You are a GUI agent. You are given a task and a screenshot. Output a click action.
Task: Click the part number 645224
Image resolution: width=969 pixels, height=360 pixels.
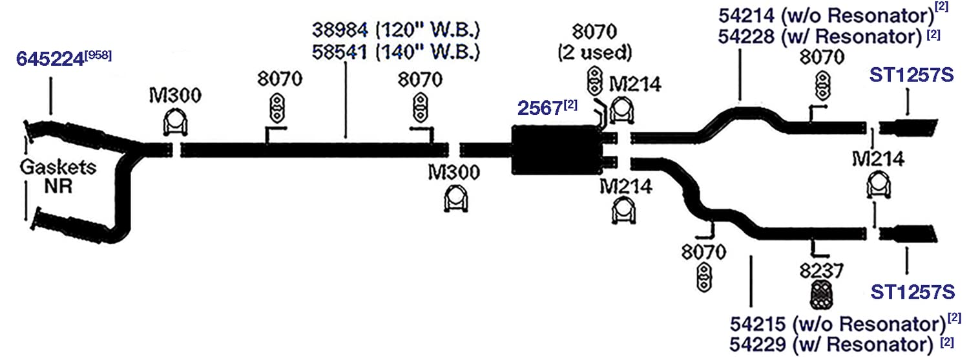coord(50,59)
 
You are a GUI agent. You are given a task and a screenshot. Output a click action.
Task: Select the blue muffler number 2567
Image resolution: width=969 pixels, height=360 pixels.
coord(540,108)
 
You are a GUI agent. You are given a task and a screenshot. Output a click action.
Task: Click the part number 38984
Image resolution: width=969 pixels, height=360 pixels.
coord(340,30)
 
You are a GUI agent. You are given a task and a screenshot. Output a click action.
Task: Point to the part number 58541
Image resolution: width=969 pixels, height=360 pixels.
coord(340,52)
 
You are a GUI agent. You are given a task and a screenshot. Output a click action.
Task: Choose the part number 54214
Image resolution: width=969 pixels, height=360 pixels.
coord(746,16)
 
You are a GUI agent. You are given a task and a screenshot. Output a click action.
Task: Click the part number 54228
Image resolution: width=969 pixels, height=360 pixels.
coord(746,37)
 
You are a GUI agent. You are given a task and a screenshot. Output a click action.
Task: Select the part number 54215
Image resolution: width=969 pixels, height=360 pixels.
coord(758,324)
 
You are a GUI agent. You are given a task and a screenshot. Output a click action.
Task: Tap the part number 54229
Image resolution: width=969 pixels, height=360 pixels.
coord(758,345)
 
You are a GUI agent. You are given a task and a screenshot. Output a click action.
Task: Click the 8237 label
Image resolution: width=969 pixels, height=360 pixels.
coord(822,271)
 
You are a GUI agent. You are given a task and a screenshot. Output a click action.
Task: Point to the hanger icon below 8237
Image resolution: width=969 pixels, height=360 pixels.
coord(822,295)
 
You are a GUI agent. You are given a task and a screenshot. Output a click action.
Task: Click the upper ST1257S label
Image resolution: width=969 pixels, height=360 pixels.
coord(912,75)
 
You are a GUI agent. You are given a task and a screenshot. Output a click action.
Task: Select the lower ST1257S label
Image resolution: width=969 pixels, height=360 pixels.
coord(912,292)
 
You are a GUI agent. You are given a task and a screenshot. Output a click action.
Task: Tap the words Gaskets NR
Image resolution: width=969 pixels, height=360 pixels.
coord(58,176)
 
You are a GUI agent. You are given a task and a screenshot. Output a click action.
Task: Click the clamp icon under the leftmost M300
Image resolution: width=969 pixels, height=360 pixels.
coord(175,122)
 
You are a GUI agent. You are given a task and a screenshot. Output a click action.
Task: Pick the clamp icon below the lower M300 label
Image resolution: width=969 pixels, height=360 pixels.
coord(456,199)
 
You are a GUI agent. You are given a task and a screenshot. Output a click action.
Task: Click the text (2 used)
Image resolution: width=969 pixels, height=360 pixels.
coord(595,53)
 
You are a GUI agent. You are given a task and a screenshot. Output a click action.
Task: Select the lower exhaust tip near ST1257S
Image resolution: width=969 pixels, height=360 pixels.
coord(908,233)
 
